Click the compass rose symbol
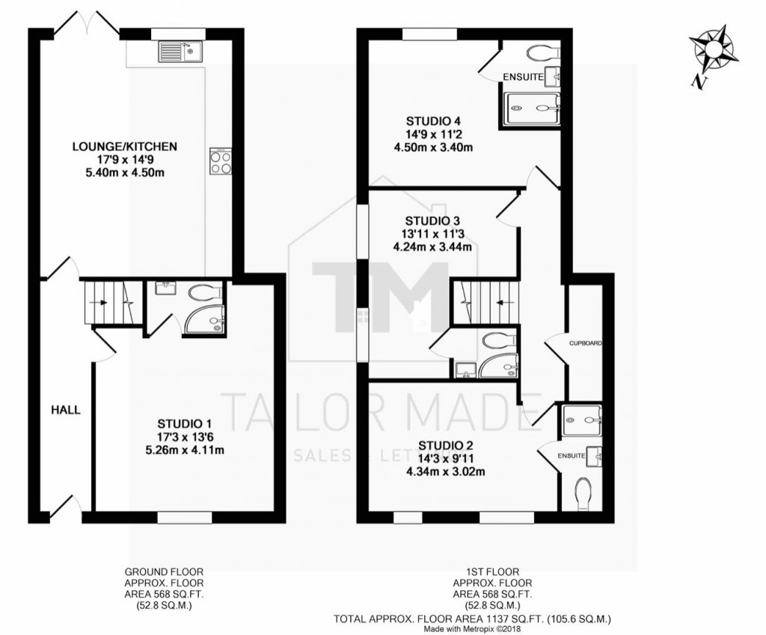[x=712, y=49]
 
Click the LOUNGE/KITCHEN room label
[x=125, y=147]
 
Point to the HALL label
[x=65, y=410]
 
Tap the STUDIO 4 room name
[x=433, y=120]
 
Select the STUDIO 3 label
[x=432, y=221]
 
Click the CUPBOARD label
[x=586, y=343]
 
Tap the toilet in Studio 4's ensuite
[x=542, y=52]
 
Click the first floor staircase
[x=485, y=302]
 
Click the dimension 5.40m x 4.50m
[x=125, y=173]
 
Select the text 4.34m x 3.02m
[x=445, y=471]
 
